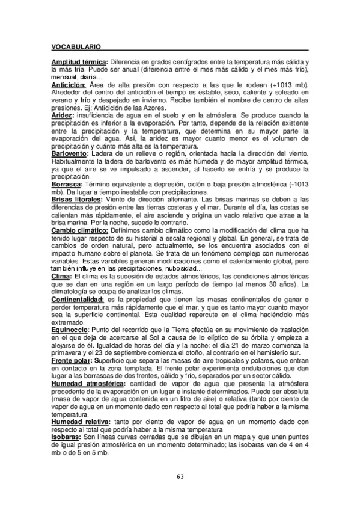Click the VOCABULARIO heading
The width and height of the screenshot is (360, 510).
(x=76, y=46)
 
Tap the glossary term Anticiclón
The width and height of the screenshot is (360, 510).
(x=69, y=85)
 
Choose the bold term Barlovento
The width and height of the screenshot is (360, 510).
(x=69, y=153)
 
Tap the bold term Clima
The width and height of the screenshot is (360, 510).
(x=61, y=275)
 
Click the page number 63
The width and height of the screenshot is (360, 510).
(x=180, y=476)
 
